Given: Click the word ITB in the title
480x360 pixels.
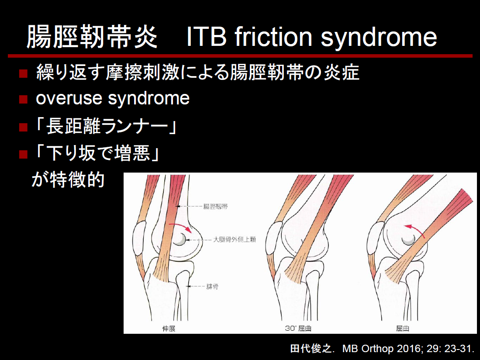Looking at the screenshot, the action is coord(207,36).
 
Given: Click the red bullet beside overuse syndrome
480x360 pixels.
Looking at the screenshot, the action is coord(23,99).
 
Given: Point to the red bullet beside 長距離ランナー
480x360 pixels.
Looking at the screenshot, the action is coord(23,127).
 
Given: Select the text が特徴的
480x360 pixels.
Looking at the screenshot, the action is coord(68,179).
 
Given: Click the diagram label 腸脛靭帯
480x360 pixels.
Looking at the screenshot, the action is coord(215,207).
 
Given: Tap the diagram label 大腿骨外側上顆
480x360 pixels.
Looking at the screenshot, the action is coord(234,239).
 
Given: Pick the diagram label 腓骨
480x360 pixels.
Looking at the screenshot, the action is coord(212,287).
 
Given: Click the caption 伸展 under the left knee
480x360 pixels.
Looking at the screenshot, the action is coord(169,329).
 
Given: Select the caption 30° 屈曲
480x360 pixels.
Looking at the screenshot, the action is coord(298,329).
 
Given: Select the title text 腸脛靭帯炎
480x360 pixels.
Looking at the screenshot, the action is coord(92,37).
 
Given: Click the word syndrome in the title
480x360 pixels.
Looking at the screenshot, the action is coord(379,37).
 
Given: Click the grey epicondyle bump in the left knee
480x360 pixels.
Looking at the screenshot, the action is coord(179,239).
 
